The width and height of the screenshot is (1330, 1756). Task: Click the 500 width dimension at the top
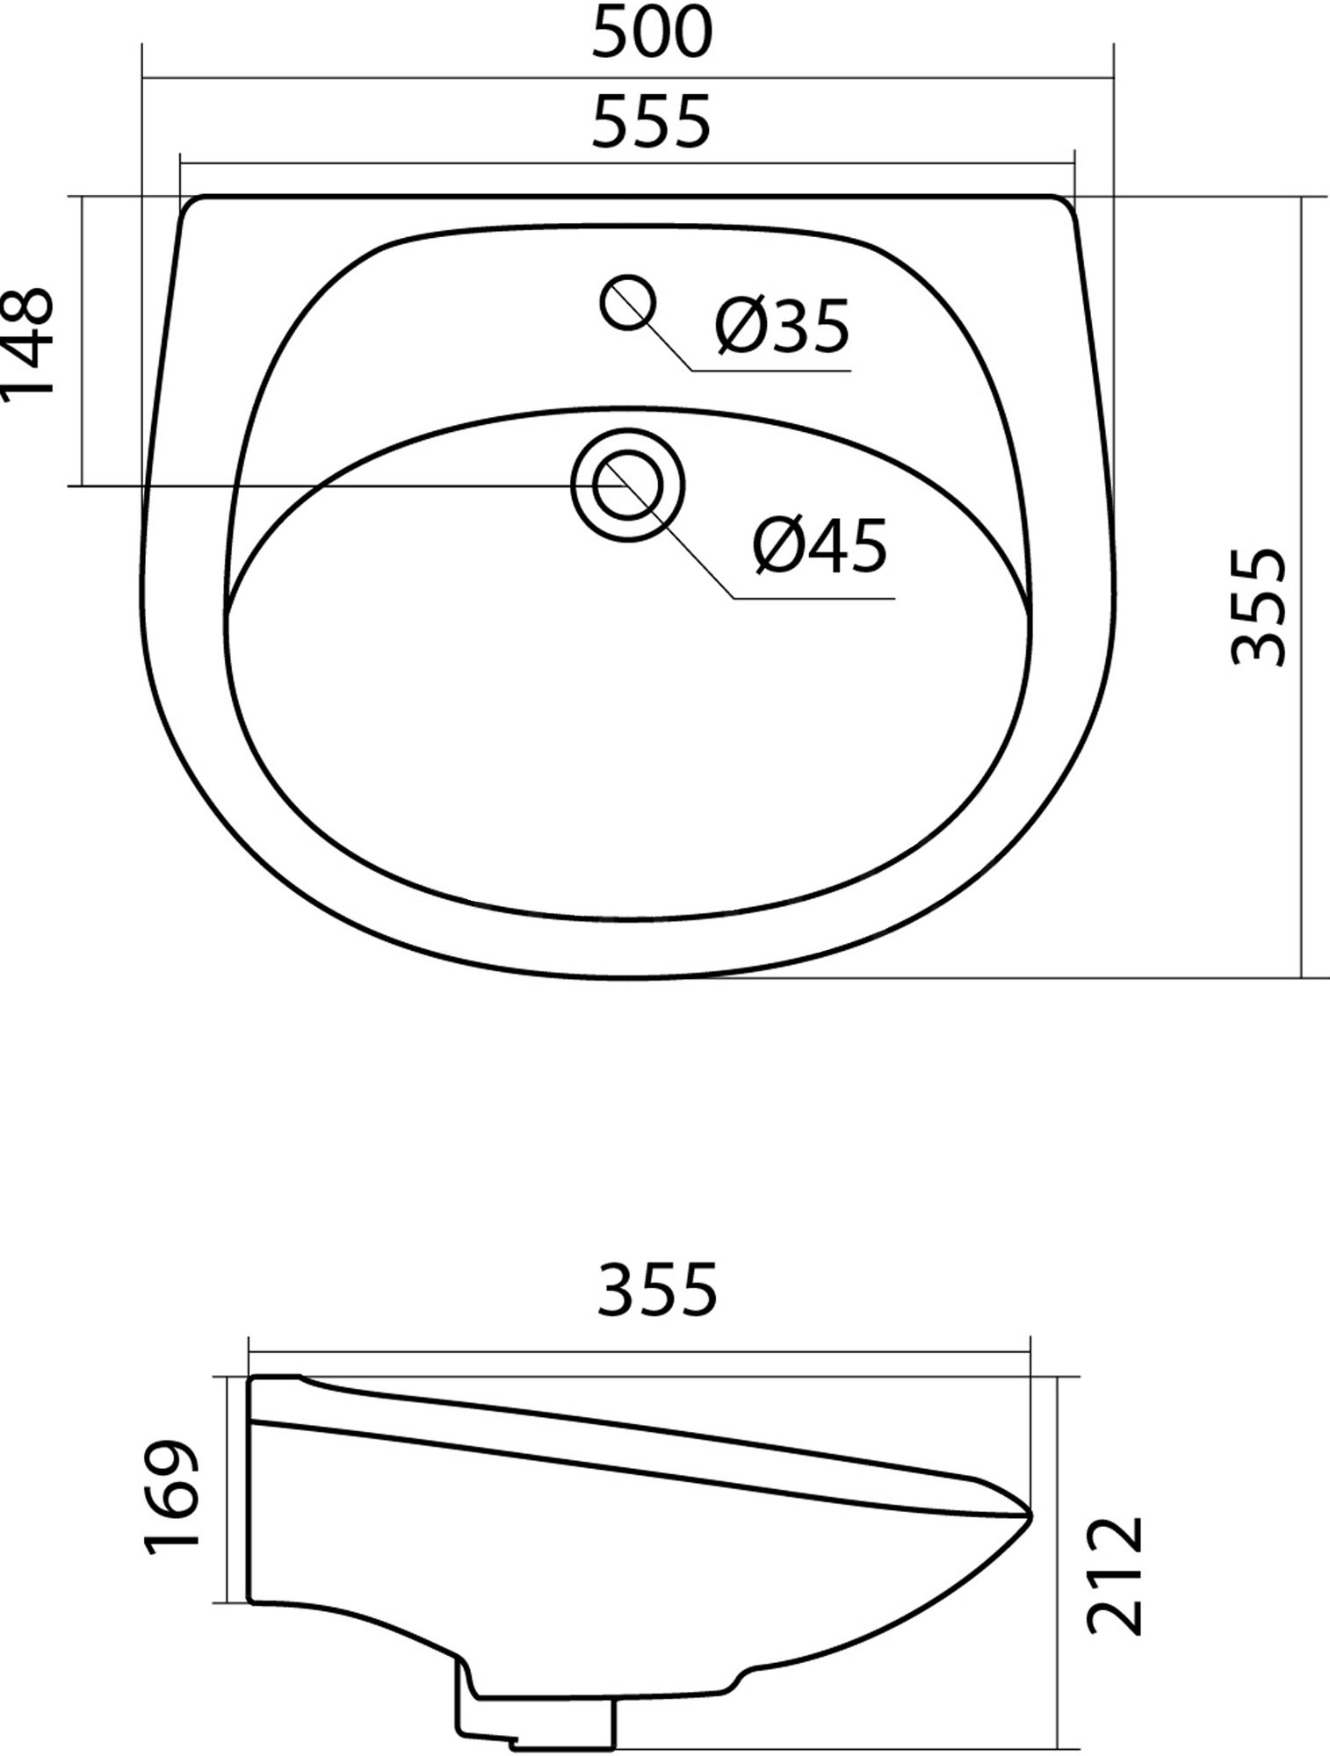tap(652, 33)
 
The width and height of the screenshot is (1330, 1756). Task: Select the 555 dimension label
tap(651, 122)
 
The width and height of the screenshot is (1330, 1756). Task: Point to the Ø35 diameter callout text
tap(783, 325)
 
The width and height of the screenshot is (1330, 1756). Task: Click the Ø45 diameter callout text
tap(820, 545)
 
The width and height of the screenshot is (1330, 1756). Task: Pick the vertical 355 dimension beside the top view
tap(1259, 607)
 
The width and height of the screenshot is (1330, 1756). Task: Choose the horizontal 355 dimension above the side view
tap(657, 1289)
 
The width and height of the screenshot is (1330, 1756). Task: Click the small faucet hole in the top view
tap(627, 303)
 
